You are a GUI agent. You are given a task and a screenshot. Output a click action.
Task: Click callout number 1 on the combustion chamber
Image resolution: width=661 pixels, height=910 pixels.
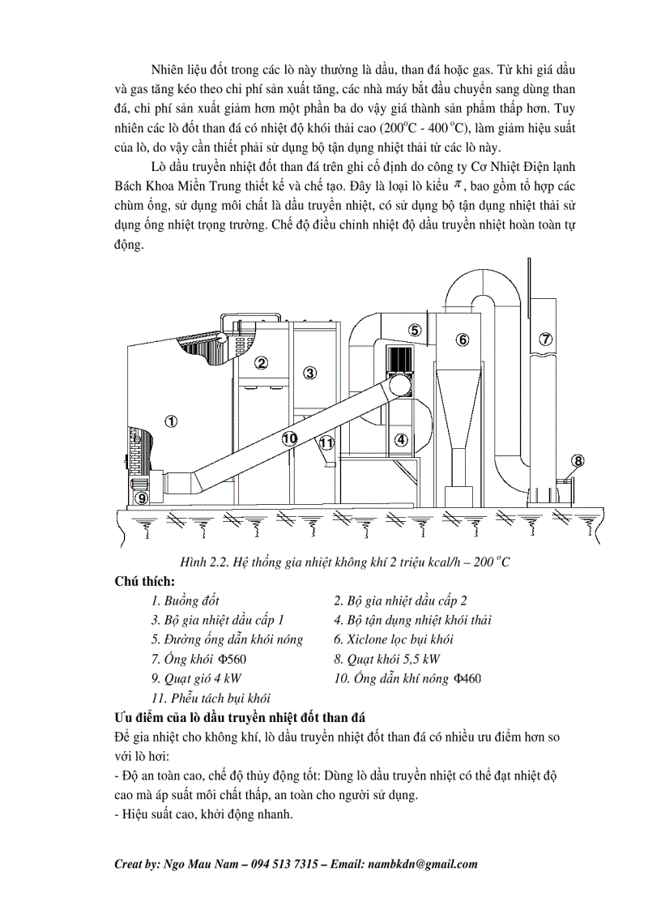(x=170, y=421)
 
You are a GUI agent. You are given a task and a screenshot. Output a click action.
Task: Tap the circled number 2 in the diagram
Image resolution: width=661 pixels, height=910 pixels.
(x=261, y=362)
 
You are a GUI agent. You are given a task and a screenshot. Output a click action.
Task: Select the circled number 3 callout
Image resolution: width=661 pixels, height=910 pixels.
(x=309, y=373)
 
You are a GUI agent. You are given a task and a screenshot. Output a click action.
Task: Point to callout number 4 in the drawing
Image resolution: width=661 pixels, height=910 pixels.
(x=400, y=440)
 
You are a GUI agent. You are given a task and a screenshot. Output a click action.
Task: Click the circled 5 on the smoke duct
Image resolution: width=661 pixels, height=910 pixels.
(x=414, y=330)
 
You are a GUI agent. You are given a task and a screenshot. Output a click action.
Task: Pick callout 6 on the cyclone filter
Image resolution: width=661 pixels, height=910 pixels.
(x=462, y=340)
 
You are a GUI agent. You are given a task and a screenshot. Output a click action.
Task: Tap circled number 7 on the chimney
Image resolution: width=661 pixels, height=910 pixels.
(x=546, y=340)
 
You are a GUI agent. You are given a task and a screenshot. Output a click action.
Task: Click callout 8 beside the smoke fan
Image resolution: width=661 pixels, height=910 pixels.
(x=578, y=461)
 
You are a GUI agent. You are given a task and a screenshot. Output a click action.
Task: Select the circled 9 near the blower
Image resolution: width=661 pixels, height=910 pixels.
(x=142, y=497)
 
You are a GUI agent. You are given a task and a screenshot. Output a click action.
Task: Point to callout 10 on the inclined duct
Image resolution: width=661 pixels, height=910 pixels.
(x=290, y=438)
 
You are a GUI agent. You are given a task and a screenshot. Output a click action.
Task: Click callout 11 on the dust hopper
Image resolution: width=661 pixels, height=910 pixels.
(x=326, y=443)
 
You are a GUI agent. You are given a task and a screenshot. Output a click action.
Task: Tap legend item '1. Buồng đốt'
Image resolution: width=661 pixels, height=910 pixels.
(x=185, y=601)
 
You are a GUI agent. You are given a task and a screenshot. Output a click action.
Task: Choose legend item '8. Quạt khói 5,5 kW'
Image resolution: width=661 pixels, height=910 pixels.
(x=387, y=659)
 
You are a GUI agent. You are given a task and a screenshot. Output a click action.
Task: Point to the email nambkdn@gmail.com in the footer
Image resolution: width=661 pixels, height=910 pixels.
(x=430, y=864)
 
